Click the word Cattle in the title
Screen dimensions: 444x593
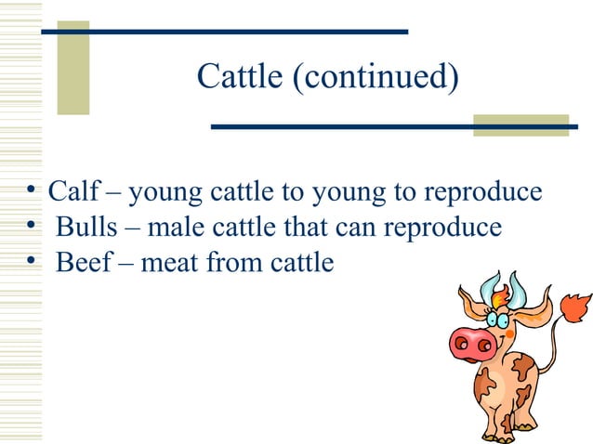[x=240, y=77]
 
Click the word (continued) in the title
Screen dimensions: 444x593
[x=375, y=78]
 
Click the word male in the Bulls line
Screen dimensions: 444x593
[x=178, y=228]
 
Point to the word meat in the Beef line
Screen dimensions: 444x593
[x=173, y=263]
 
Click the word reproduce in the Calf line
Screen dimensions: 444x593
[x=482, y=193]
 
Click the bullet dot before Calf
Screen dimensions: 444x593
[x=33, y=192]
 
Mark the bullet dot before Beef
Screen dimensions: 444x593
[x=33, y=262]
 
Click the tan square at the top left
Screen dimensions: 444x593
[x=73, y=67]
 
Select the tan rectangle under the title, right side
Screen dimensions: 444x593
[x=521, y=125]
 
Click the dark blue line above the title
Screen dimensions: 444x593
[x=232, y=32]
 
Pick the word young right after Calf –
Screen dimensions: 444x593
[x=162, y=193]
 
